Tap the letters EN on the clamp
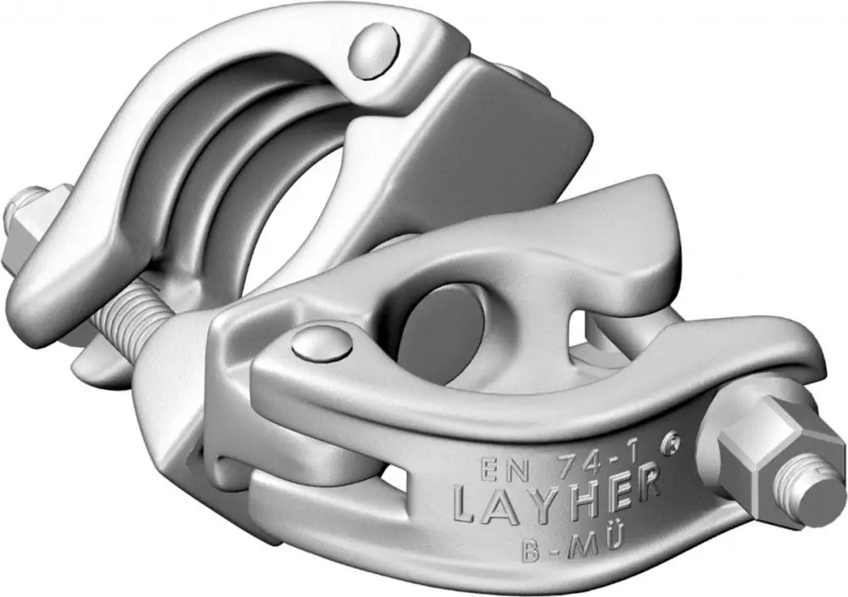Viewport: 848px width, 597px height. click(504, 470)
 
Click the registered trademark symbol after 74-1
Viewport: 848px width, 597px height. click(672, 439)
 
